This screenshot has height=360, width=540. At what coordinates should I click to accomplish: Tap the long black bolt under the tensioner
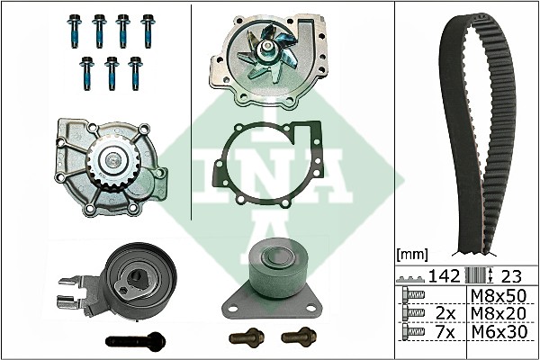tap(132, 340)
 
